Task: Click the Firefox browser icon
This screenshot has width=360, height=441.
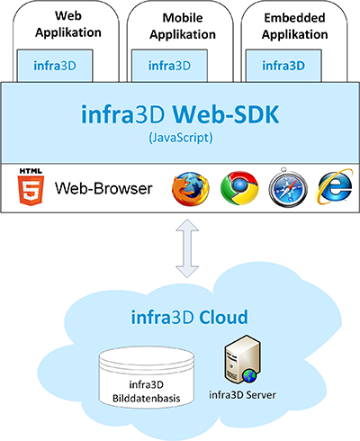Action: coord(191,188)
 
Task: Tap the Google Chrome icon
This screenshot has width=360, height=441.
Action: coord(239,188)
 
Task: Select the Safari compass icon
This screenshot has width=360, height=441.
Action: coord(288,187)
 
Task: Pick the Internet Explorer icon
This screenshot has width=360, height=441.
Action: coord(334,187)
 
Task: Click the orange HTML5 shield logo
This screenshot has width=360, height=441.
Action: coord(31,187)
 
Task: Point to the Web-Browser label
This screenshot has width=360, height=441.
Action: coord(103,189)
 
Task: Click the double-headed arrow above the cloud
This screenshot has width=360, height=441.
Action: coord(187,248)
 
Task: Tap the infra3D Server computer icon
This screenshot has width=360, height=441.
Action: coord(243,359)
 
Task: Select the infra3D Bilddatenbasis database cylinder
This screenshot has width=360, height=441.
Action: coord(147,377)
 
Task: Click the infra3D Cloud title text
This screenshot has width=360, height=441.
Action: coord(190,318)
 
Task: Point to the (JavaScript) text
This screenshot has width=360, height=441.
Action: coord(181,138)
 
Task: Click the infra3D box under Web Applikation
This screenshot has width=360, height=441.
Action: coord(55,66)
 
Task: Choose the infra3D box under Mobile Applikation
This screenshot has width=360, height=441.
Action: coord(169,66)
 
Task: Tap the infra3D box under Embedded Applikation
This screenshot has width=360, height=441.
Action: coord(283,66)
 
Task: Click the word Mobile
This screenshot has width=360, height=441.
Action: coord(183,18)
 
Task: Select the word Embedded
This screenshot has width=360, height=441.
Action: coord(294,18)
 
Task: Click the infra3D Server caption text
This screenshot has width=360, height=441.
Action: coord(242,395)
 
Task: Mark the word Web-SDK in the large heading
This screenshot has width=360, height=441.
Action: coord(226,114)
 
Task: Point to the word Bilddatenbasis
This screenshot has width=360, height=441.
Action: coord(147,399)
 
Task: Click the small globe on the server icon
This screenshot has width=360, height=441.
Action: coord(249,376)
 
